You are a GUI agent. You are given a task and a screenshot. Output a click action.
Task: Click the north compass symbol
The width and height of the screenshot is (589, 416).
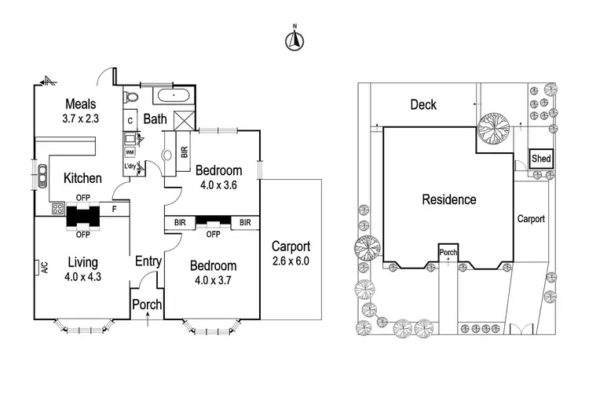294,40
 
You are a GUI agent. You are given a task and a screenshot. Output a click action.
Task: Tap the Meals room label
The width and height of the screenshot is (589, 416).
80,104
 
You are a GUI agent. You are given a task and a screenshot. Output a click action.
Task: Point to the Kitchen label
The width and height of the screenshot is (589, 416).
82,178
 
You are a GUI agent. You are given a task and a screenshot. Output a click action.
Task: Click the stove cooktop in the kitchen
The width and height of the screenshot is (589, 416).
57,210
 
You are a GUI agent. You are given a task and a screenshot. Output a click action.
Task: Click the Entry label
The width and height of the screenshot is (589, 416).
148,261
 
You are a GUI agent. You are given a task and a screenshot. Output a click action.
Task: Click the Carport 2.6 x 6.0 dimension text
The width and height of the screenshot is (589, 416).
291,261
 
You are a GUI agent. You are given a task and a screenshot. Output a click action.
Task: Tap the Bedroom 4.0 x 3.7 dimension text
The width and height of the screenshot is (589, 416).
213,279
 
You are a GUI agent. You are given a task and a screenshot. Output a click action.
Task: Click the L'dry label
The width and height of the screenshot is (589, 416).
130,166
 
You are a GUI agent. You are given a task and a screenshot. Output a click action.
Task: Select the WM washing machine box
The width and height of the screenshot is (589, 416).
130,152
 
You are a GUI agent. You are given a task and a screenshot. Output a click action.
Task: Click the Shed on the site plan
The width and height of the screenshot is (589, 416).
541,158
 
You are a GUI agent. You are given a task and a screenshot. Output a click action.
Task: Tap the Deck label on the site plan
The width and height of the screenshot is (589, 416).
423,104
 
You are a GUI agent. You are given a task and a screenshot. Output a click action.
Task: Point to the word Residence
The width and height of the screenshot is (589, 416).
449,199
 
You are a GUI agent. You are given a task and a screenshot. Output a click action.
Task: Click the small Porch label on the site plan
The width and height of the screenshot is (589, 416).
448,253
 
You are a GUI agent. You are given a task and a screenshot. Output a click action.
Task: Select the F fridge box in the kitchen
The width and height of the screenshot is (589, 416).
115,210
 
